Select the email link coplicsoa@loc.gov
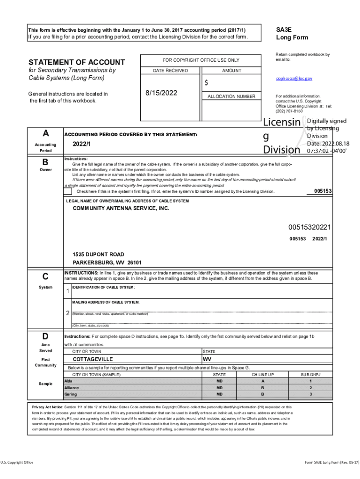click(x=294, y=79)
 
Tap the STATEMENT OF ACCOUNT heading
click(x=77, y=62)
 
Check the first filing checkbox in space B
click(x=68, y=191)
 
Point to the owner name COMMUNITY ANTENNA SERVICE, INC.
click(x=121, y=208)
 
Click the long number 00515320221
click(x=310, y=227)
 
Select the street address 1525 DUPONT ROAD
click(x=98, y=255)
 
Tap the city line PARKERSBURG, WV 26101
click(x=107, y=262)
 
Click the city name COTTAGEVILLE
click(x=93, y=359)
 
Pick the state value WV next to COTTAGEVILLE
click(x=207, y=359)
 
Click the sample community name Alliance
click(x=72, y=388)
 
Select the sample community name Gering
click(x=71, y=394)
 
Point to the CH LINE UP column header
click(x=262, y=375)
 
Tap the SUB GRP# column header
click(x=310, y=375)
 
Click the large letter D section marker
click(x=45, y=336)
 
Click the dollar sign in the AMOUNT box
click(x=206, y=83)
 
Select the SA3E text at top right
click(x=284, y=29)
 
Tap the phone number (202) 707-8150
click(x=289, y=111)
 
